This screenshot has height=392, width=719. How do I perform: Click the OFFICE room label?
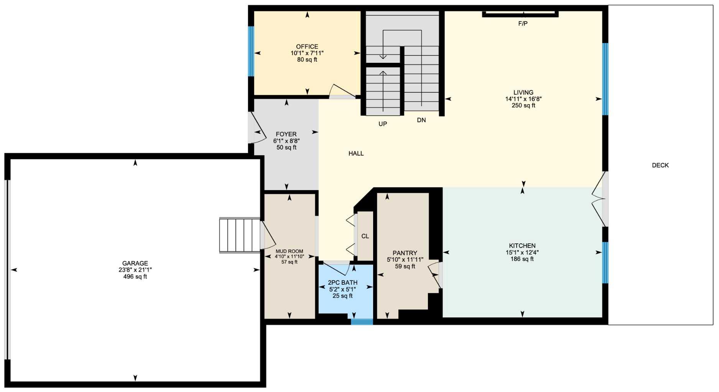[x=307, y=47]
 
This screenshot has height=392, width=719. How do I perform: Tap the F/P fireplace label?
[x=523, y=24]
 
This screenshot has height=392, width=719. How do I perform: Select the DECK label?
[x=660, y=165]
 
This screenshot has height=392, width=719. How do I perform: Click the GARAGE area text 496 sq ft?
[x=135, y=277]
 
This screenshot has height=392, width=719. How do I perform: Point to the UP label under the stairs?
[x=382, y=124]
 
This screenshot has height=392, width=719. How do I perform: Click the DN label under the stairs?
[x=421, y=120]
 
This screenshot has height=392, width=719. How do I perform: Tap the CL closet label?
[x=365, y=236]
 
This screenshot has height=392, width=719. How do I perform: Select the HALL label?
[x=356, y=154]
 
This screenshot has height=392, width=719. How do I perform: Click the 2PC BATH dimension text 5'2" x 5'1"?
[x=342, y=290]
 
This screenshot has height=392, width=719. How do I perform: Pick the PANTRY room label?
[x=405, y=253]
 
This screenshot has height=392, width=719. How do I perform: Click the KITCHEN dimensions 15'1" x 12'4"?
[x=522, y=253]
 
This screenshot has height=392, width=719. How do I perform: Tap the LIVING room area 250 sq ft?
[x=523, y=105]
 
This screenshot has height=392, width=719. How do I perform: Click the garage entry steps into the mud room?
[x=240, y=235]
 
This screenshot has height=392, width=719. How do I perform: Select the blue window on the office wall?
[x=251, y=51]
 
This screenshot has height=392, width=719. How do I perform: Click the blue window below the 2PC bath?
[x=362, y=322]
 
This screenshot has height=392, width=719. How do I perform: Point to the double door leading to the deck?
[x=599, y=199]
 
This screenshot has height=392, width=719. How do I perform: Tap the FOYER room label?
[x=286, y=134]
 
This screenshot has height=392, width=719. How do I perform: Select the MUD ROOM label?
[x=289, y=251]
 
